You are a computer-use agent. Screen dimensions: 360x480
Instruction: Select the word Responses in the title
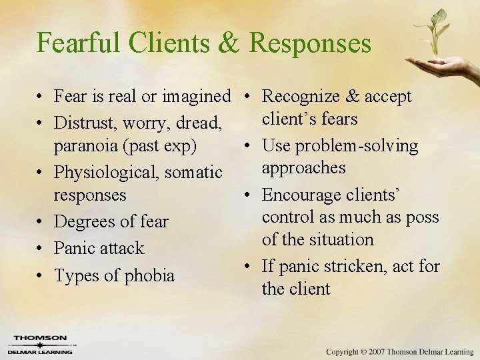[310, 43]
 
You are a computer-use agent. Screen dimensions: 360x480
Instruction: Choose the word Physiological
[106, 173]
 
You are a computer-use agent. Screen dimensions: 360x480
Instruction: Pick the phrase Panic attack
[99, 248]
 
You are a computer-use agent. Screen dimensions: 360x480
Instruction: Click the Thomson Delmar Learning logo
[40, 344]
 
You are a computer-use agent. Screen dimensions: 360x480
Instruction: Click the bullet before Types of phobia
[41, 276]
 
